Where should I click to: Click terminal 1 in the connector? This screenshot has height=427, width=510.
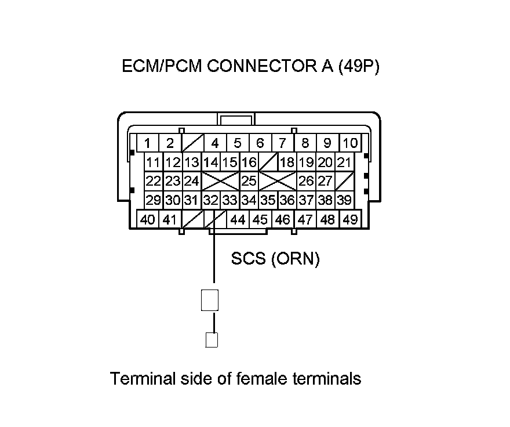point(148,143)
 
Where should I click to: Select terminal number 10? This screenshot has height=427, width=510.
point(350,143)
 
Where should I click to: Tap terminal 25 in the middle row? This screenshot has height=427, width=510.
point(249,181)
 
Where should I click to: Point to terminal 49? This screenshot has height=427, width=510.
point(349,220)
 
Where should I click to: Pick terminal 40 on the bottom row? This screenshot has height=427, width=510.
point(148,220)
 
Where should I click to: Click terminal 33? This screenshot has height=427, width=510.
point(230,200)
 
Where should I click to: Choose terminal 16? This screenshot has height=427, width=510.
point(249,162)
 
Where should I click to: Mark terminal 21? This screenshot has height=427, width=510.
point(344,162)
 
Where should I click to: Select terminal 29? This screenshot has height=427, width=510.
point(153,200)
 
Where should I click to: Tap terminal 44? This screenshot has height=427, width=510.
point(238,220)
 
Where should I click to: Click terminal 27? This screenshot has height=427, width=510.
point(325,181)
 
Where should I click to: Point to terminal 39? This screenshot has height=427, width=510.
point(344,200)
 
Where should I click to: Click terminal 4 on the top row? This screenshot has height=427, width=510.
point(214,143)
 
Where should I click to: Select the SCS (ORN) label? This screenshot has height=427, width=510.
point(275,259)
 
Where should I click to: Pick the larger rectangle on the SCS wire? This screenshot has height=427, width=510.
point(210,300)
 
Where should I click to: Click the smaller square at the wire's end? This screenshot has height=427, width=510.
point(212,339)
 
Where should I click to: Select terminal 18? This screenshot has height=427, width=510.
point(287,162)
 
